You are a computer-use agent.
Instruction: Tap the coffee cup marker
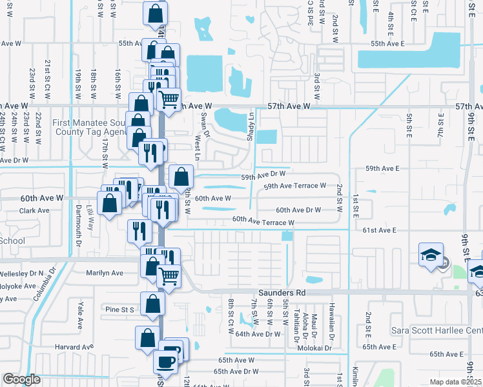[165, 362]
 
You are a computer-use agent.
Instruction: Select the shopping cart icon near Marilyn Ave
[169, 275]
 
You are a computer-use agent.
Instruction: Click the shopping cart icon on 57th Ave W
[168, 100]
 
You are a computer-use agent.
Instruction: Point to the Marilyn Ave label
[105, 273]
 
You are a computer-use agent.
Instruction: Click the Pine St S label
[120, 310]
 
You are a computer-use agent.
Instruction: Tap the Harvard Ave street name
[76, 347]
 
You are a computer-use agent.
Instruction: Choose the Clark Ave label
[35, 211]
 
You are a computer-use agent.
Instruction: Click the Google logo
[21, 379]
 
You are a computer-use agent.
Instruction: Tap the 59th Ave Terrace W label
[294, 186]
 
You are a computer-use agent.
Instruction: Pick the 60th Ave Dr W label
[298, 210]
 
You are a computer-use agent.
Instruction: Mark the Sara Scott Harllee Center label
[437, 331]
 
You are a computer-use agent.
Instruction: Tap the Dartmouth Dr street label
[77, 226]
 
